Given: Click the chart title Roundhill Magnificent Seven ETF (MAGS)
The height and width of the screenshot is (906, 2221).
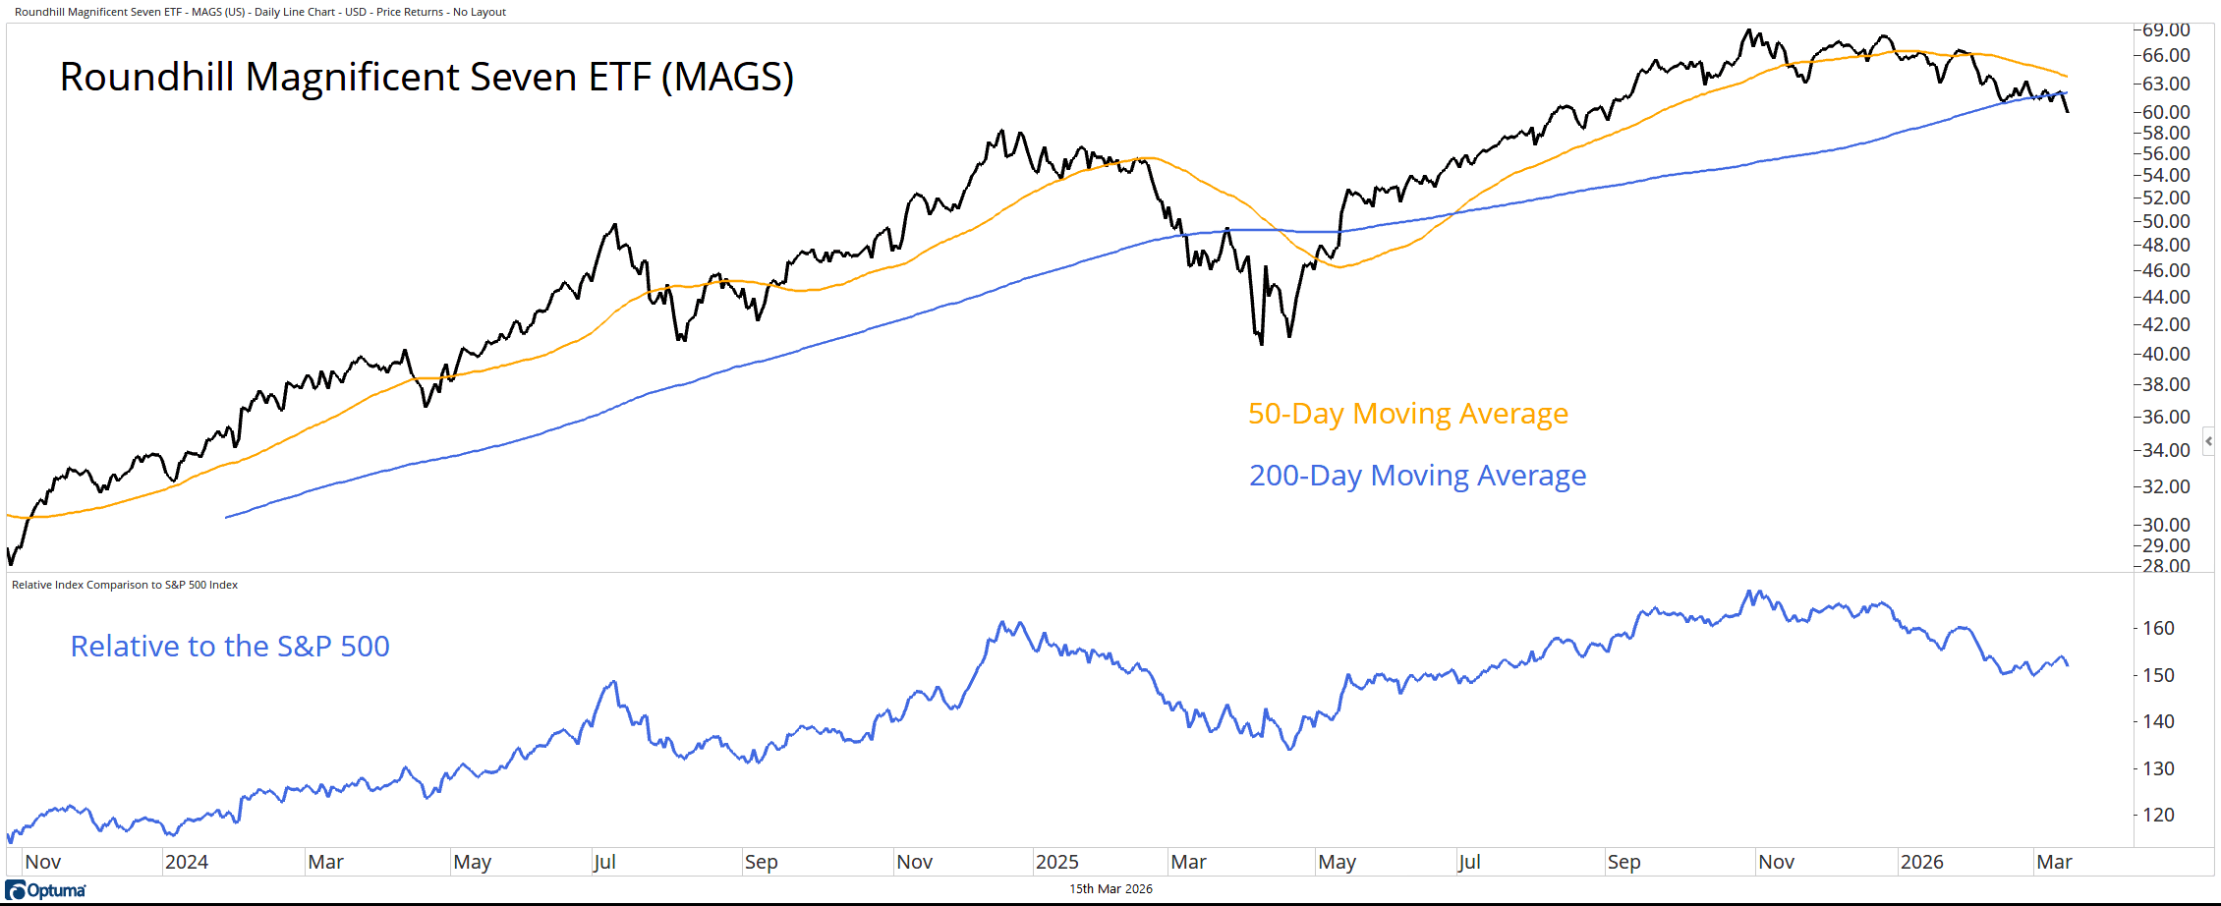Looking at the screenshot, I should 427,78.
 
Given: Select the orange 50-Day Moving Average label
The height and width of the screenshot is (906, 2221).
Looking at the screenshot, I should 1407,414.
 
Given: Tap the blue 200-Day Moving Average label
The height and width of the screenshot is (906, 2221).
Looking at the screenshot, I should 1417,476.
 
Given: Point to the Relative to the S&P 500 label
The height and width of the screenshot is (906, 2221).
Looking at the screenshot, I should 230,647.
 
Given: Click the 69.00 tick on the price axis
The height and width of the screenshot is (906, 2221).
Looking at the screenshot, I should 2166,30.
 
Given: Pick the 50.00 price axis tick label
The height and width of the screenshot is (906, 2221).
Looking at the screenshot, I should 2166,222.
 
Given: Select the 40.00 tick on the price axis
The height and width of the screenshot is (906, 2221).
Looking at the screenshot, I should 2166,354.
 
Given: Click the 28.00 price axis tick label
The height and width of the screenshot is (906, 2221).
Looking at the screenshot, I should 2166,565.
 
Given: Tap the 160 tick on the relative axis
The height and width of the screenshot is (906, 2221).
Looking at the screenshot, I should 2158,629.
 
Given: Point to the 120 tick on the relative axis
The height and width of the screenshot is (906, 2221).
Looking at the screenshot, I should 2158,815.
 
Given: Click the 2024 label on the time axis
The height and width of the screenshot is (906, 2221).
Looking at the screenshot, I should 186,862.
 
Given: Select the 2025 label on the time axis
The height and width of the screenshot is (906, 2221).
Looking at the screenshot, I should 1056,862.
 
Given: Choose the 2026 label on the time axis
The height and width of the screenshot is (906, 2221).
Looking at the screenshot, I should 1921,862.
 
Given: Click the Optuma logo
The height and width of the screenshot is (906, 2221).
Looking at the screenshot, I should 46,890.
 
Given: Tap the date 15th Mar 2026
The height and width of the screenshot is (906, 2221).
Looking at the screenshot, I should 1110,889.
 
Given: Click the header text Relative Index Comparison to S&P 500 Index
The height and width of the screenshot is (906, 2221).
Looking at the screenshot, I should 125,585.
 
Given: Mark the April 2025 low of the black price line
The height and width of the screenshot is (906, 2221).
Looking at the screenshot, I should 1262,343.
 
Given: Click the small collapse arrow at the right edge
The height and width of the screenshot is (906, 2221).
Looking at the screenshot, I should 2208,441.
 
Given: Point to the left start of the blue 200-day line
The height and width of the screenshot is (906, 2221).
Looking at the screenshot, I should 227,517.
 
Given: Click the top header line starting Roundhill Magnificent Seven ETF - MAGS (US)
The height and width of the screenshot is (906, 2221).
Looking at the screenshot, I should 260,12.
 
